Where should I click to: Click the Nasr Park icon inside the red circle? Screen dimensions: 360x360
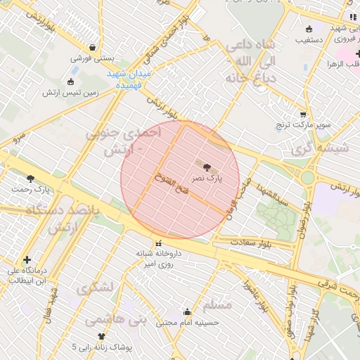point(207,167)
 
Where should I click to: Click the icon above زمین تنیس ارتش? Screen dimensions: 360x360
point(70,81)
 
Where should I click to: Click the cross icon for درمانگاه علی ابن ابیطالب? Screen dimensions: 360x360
point(27,259)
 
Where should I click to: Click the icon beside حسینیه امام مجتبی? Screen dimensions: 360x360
point(187,311)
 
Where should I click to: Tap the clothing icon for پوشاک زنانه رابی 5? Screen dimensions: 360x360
point(101,336)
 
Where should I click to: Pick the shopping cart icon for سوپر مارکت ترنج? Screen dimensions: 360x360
point(303,115)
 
